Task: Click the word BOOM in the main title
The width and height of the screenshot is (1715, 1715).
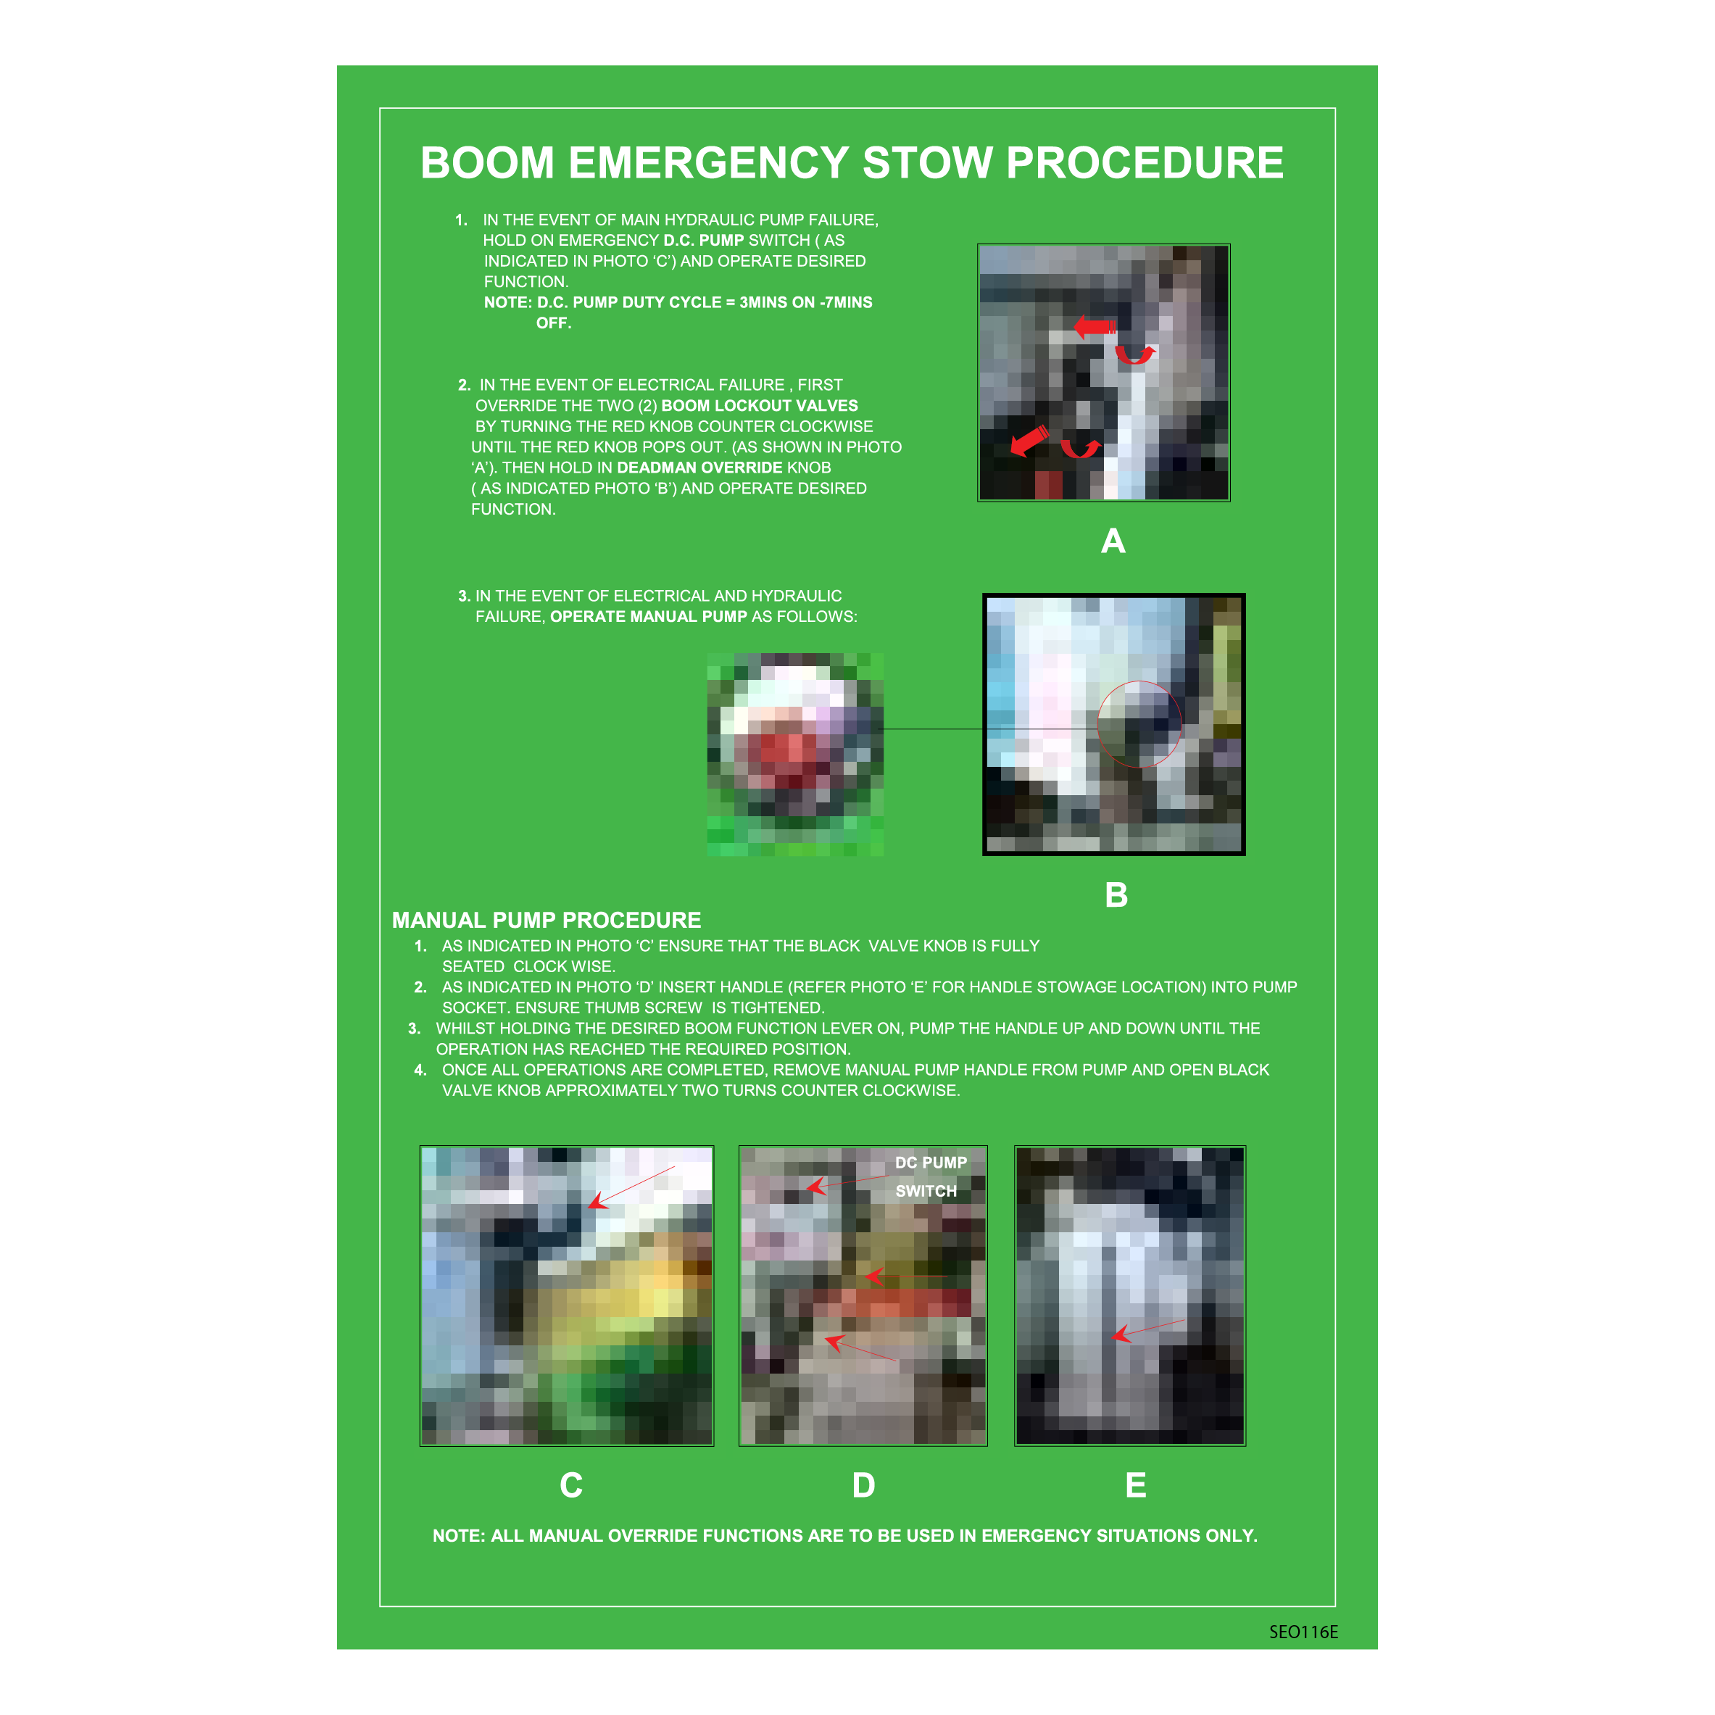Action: coord(487,163)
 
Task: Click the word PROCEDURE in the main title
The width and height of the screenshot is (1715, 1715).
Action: coord(1145,163)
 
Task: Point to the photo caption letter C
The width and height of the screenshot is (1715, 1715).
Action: coord(570,1485)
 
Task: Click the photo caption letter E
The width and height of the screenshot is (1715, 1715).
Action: coord(1135,1485)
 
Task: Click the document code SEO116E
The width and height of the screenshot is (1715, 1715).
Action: coord(1303,1632)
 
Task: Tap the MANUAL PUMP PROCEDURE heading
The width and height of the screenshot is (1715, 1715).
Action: coord(546,921)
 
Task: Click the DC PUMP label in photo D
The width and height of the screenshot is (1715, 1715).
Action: coord(930,1163)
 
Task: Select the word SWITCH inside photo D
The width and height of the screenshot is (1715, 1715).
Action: coord(926,1191)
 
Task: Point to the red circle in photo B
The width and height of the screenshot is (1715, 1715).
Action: coord(1139,682)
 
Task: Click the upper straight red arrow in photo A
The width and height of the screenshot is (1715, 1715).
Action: coord(1095,328)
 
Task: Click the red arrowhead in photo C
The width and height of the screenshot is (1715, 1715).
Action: coord(597,1200)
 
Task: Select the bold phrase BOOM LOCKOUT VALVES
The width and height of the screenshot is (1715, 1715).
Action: coord(759,406)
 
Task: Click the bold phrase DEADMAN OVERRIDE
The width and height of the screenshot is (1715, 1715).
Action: coord(699,468)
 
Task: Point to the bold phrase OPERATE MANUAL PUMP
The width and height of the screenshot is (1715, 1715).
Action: coord(648,617)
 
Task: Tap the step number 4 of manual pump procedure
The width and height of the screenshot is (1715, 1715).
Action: coord(420,1071)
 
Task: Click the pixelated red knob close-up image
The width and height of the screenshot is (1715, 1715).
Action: coord(794,755)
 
